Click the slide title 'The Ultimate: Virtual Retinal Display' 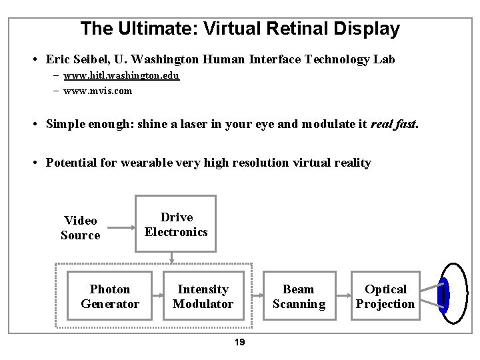(x=239, y=29)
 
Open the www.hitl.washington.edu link (x=121, y=76)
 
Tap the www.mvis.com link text (x=97, y=90)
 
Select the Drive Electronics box (x=176, y=225)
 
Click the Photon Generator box (x=110, y=296)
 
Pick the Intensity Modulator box (x=203, y=296)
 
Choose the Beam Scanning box (x=299, y=296)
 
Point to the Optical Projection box (x=385, y=296)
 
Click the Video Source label (x=81, y=227)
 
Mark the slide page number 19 (x=240, y=342)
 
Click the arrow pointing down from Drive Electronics (x=171, y=258)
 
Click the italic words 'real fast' (x=394, y=125)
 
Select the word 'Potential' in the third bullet (x=71, y=163)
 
